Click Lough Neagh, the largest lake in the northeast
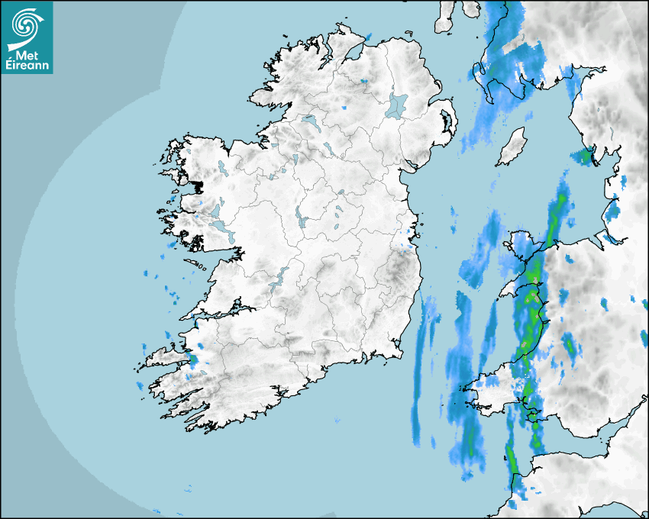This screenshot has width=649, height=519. (398, 105)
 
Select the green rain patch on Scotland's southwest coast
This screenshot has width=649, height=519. (584, 156)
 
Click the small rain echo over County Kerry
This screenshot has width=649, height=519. (192, 357)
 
